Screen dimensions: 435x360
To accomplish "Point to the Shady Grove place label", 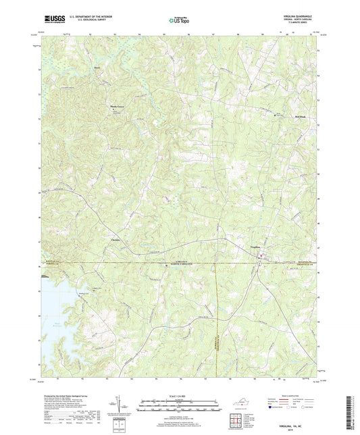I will click(x=117, y=107).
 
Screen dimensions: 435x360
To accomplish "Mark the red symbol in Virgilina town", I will click(x=263, y=255).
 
